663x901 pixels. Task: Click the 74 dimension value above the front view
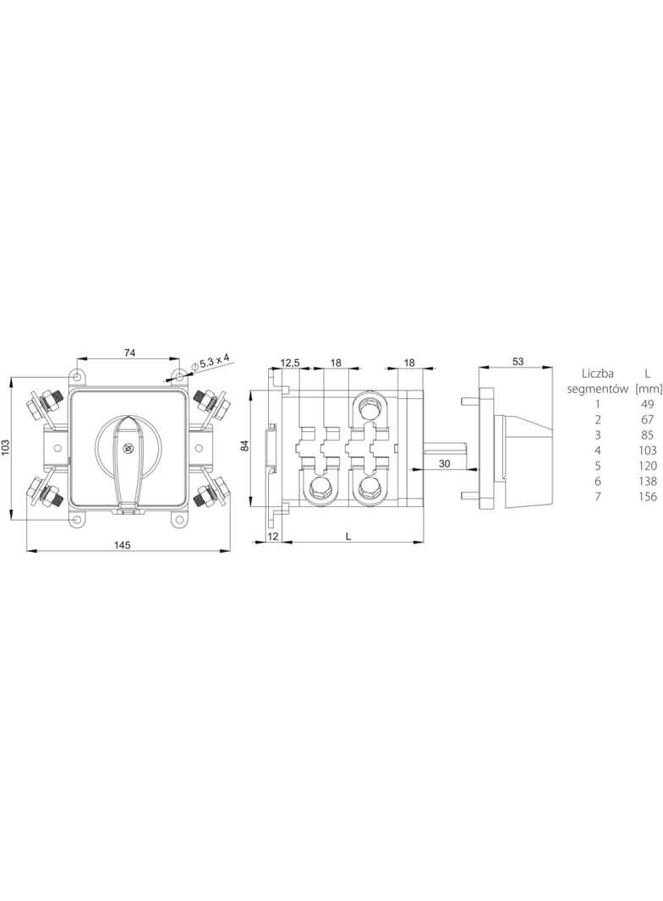(129, 353)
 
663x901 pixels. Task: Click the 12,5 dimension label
(290, 363)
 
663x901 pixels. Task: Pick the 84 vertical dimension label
(244, 445)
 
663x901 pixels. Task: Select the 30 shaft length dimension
(443, 463)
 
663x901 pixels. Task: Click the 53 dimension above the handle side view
(518, 362)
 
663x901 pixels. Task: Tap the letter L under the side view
(349, 536)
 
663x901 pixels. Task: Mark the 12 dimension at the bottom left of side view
(272, 536)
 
